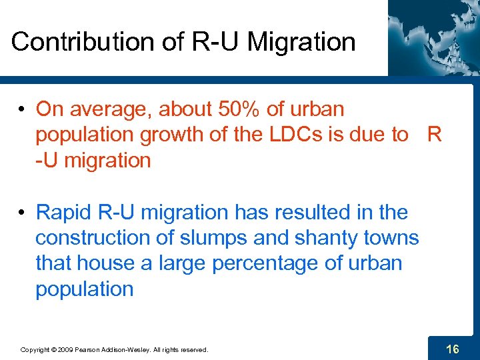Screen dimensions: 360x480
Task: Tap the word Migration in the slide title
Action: coord(301,42)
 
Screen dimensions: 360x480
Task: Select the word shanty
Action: coord(323,238)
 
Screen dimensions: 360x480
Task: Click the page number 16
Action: coord(452,349)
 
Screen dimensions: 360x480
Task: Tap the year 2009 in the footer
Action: coord(65,349)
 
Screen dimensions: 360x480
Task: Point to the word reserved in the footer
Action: coord(192,349)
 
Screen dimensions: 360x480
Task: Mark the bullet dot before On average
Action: coord(23,109)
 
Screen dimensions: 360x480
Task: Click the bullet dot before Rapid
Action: coord(23,213)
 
